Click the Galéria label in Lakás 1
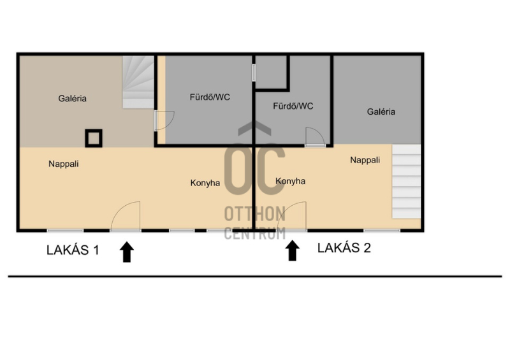point(72,98)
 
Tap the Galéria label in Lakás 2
point(381,112)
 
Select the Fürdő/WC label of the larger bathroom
point(210,97)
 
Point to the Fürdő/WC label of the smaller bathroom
point(293,106)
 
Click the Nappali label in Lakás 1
point(63,164)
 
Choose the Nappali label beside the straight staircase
point(365,160)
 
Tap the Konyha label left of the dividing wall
point(205,183)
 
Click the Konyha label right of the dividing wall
point(290,181)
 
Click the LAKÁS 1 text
point(73,250)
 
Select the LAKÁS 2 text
point(344,248)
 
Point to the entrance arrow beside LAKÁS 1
point(126,252)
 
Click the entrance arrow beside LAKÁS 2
point(292,250)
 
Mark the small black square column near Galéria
point(94,138)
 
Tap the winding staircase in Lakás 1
point(138,82)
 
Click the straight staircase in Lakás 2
point(406,182)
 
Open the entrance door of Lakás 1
point(126,216)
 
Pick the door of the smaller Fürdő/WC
point(315,137)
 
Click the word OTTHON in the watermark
point(254,213)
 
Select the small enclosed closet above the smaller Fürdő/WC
point(270,71)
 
